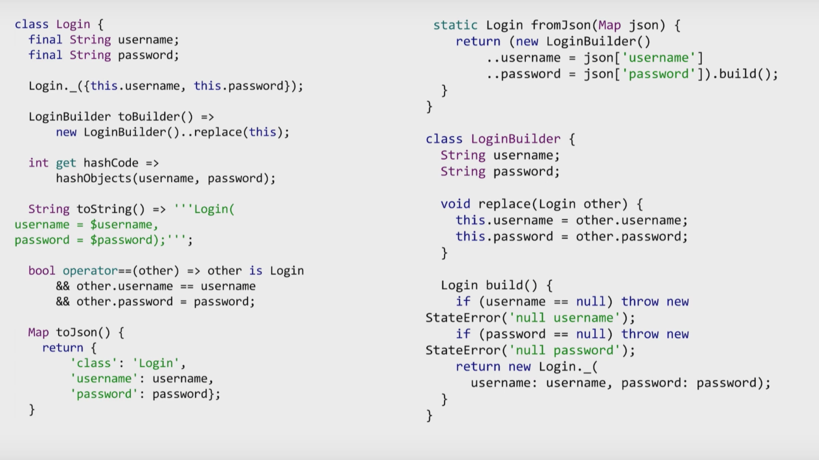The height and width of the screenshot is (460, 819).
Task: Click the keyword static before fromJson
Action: coord(455,25)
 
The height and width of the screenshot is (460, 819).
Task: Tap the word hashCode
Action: coord(111,163)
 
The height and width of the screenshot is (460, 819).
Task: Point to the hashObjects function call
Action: coord(94,178)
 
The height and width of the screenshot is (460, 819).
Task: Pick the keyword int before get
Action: coord(38,163)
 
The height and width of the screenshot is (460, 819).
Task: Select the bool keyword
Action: coord(42,271)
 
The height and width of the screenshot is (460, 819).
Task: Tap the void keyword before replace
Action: coord(455,204)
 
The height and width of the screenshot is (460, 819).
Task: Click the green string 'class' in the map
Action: coord(94,363)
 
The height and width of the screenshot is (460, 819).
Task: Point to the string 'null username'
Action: coord(564,318)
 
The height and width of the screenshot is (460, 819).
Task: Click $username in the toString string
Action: coord(121,225)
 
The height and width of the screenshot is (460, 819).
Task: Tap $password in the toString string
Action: coord(121,240)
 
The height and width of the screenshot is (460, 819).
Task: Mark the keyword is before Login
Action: coord(256,271)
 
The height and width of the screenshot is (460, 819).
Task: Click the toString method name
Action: coord(104,209)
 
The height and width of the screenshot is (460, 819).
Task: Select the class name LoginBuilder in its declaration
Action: coord(516,139)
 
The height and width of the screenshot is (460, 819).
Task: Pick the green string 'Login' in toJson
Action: coord(156,363)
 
